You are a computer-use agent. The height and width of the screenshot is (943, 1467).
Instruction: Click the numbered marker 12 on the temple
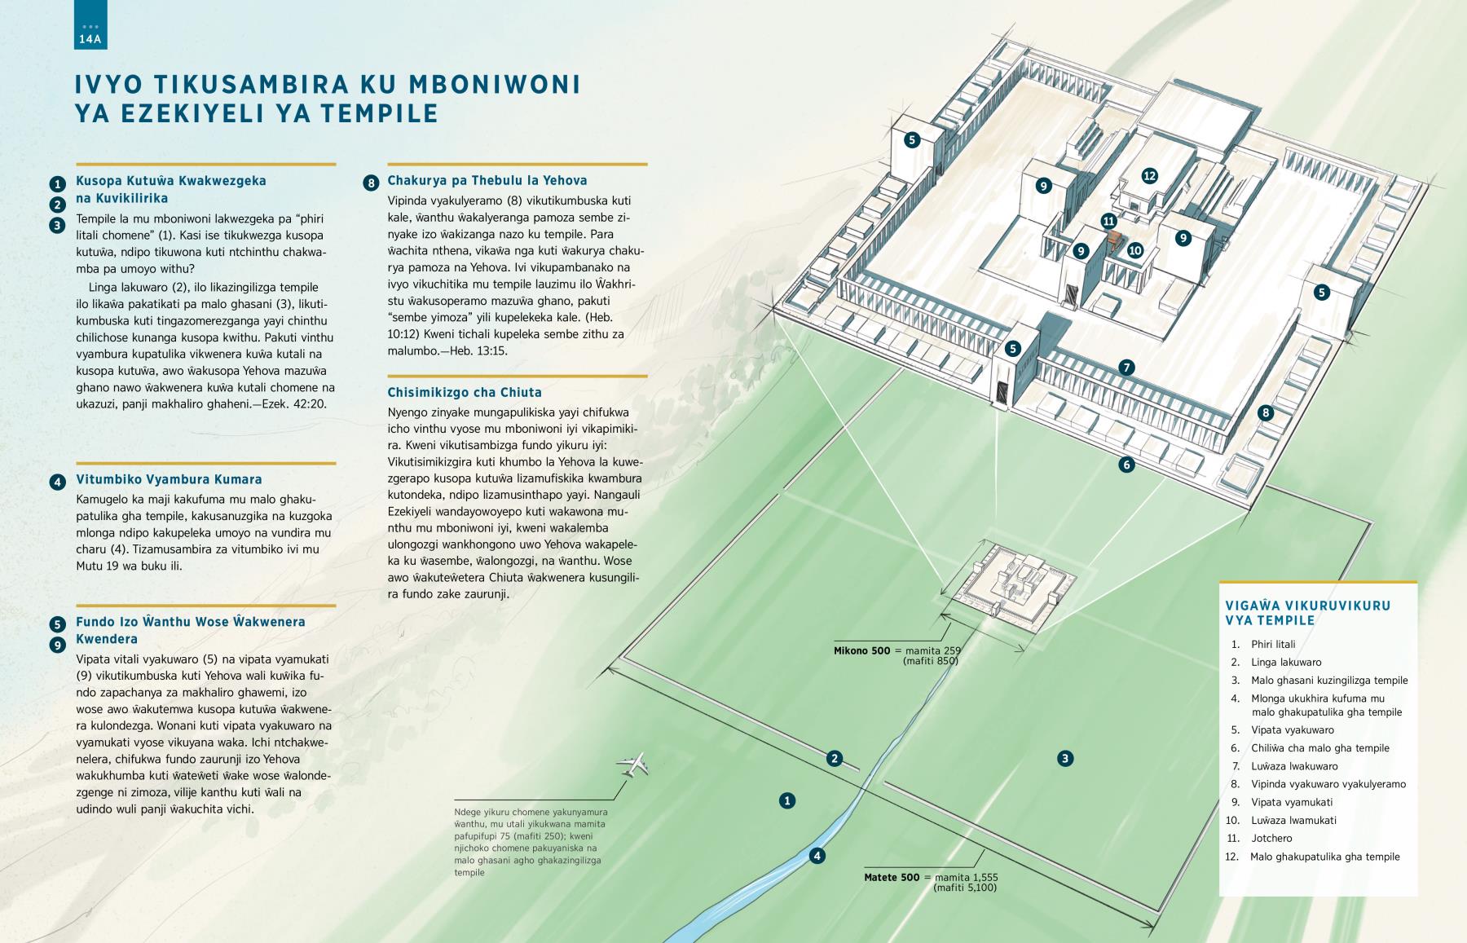tap(1149, 175)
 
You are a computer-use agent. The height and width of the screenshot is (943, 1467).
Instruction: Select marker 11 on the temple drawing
tap(1108, 221)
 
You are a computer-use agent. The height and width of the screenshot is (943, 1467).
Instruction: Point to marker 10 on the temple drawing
tap(1135, 250)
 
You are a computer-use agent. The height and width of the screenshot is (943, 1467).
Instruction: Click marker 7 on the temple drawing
tap(1126, 368)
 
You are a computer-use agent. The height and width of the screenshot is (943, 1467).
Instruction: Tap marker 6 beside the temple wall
tap(1126, 465)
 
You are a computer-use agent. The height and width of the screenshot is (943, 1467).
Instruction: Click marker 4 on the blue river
tap(817, 856)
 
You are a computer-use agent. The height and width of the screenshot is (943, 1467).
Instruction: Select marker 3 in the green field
tap(1064, 759)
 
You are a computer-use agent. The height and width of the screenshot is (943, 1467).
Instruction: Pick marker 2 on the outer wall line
tap(834, 759)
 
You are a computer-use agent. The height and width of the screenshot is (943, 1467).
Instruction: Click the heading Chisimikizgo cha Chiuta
tap(465, 392)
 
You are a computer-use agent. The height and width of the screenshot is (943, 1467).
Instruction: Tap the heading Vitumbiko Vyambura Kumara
tap(169, 479)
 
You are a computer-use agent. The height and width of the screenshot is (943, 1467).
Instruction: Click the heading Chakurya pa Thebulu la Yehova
tap(487, 180)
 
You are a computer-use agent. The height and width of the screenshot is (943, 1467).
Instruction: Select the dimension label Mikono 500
tap(861, 651)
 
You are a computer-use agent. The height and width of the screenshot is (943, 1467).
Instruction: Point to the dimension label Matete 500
tap(892, 878)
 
